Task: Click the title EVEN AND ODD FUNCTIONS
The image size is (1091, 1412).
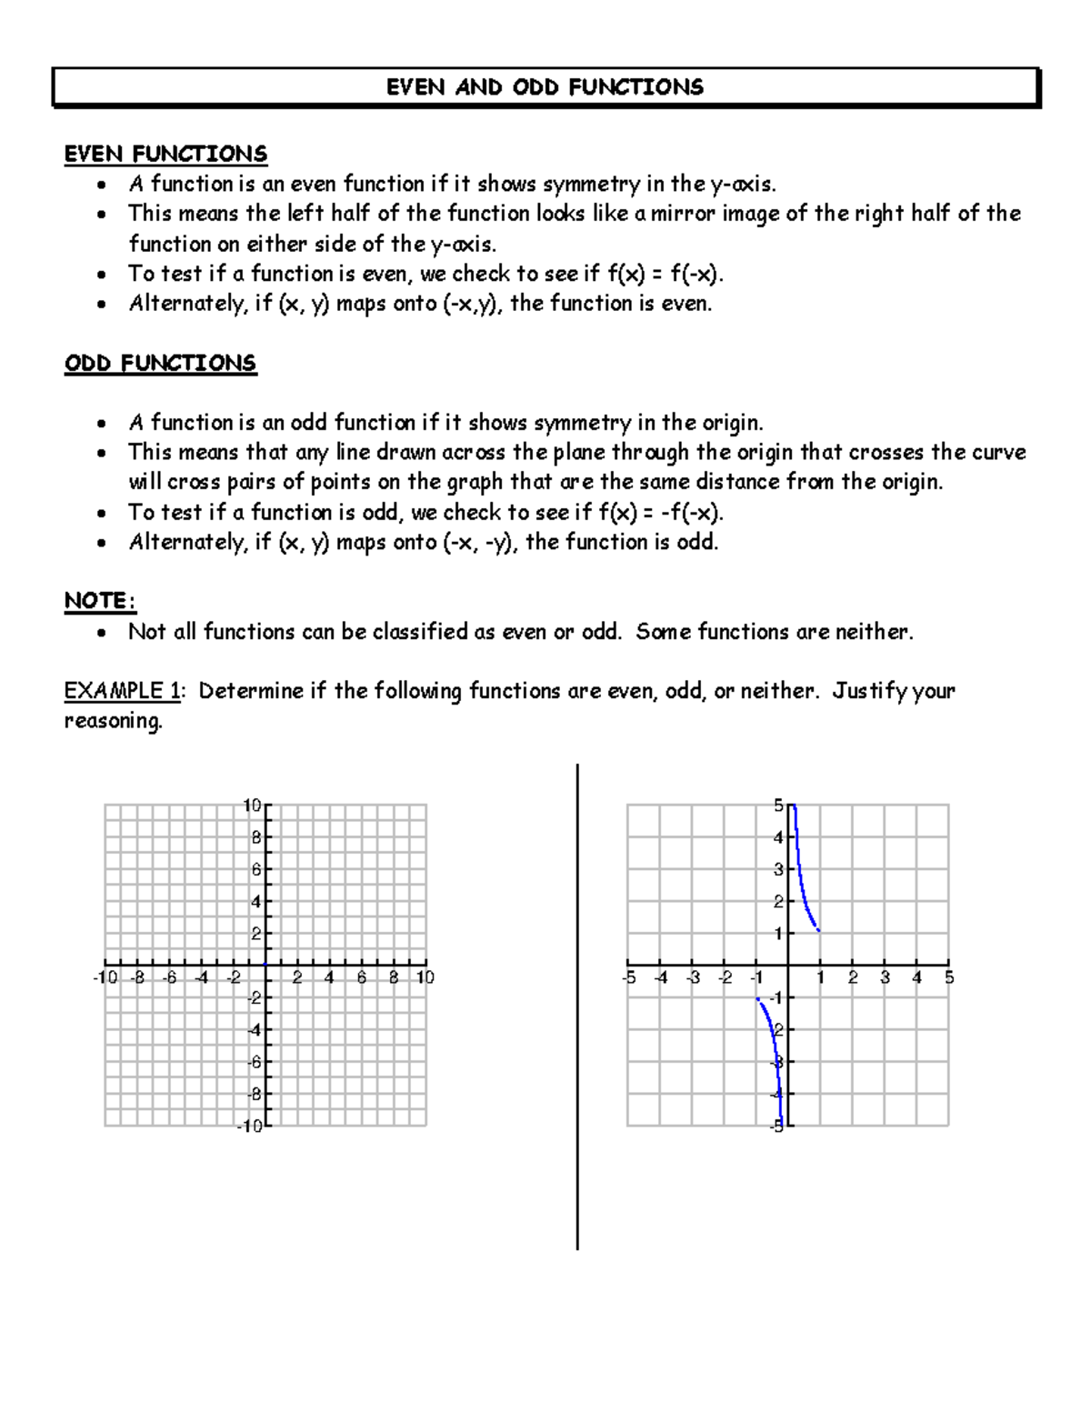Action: [545, 87]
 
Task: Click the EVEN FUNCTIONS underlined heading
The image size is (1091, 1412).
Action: [165, 154]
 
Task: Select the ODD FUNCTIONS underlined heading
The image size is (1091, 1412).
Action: [160, 364]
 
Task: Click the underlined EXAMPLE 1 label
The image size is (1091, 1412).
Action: [122, 691]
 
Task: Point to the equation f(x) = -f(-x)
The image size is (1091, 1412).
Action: [660, 513]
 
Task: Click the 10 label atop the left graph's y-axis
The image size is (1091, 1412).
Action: [252, 806]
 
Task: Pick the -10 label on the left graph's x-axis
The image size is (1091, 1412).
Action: [105, 978]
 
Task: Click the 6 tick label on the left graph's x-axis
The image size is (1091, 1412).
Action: [362, 978]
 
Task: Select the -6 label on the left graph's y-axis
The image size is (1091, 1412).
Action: [255, 1062]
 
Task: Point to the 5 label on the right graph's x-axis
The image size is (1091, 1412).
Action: [949, 978]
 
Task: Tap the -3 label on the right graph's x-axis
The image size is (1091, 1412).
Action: [693, 978]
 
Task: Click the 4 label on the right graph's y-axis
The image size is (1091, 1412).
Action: [778, 837]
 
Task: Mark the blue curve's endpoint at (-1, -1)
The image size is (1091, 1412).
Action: [757, 999]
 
